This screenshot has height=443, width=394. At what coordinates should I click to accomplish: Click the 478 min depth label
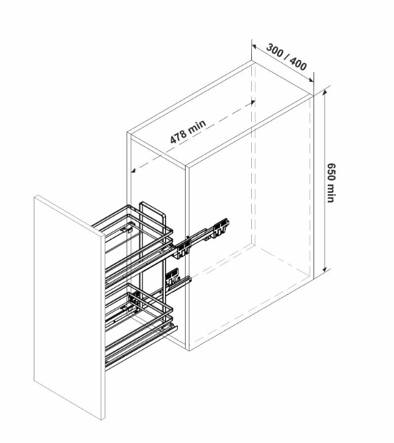tap(188, 131)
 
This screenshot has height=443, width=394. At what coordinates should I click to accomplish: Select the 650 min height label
tap(331, 183)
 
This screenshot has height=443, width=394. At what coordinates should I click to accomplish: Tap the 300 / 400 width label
tap(286, 57)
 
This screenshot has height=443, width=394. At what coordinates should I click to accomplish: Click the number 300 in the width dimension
tap(275, 50)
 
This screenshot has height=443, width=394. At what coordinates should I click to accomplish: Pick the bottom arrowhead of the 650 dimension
tap(325, 268)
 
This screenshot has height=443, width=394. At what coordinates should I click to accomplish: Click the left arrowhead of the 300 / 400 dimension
tap(254, 46)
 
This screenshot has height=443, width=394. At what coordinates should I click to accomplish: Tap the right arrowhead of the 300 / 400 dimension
tap(311, 80)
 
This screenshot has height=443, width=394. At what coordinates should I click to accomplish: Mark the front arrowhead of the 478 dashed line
tap(134, 170)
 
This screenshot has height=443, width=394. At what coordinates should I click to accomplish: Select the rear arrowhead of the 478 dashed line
tap(252, 102)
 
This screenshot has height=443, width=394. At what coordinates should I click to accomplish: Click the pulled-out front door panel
tap(69, 307)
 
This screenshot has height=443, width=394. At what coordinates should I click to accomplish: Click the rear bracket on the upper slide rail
tap(221, 227)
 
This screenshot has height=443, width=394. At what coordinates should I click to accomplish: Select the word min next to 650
tap(331, 194)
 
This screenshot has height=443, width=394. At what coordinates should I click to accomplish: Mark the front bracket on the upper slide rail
tap(183, 249)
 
